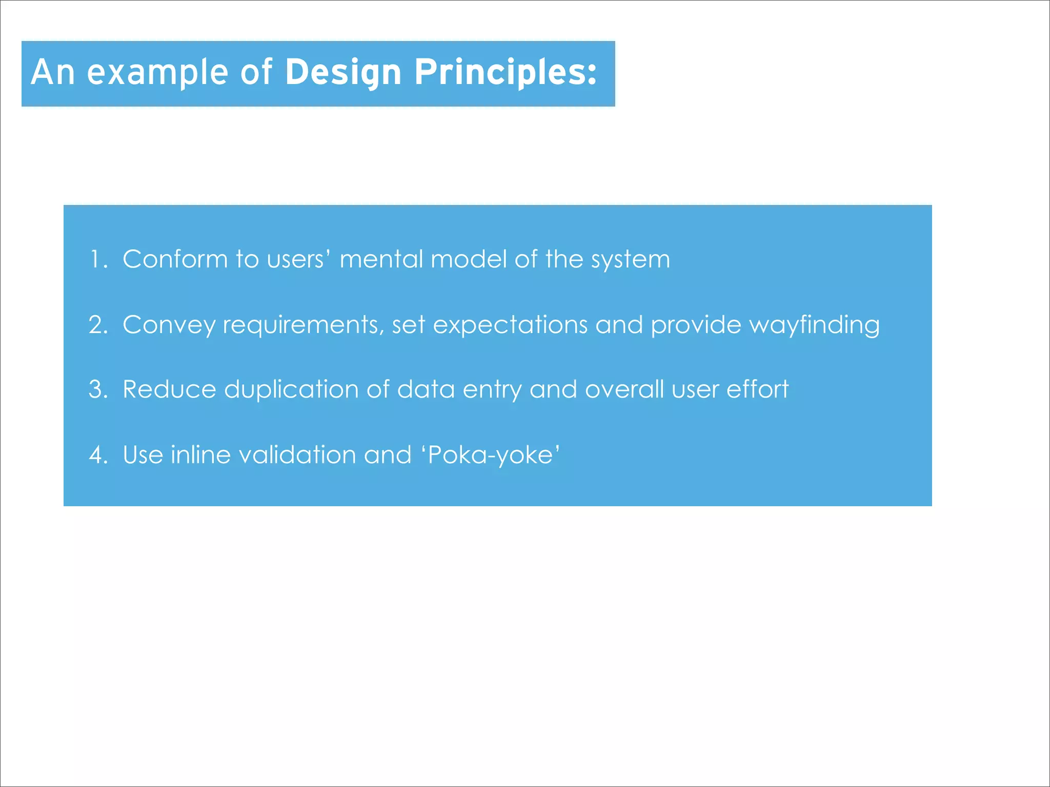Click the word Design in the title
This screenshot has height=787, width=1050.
pos(342,72)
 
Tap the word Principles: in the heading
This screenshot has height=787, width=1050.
pos(505,72)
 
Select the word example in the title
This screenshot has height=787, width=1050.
pos(157,72)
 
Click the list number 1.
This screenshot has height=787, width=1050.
pos(97,259)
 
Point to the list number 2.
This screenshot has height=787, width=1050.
pos(97,325)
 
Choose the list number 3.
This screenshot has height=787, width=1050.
pos(97,389)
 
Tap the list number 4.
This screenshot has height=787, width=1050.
pos(97,455)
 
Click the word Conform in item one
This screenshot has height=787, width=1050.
pos(175,259)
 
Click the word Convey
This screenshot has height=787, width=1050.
pos(169,325)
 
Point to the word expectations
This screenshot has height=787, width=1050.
pos(510,325)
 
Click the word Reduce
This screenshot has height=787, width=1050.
pos(169,389)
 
